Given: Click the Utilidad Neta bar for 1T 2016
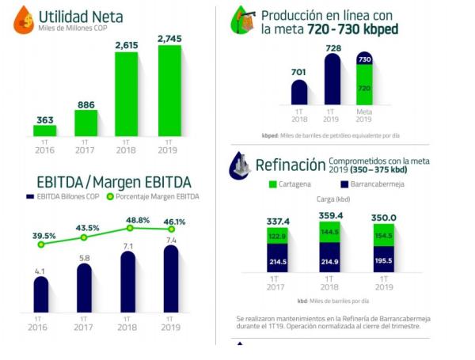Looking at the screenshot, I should point(45,131).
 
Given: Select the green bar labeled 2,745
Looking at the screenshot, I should point(169,90).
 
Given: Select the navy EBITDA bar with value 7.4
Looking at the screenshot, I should point(170,279).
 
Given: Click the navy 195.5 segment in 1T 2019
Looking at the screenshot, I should point(382,261).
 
